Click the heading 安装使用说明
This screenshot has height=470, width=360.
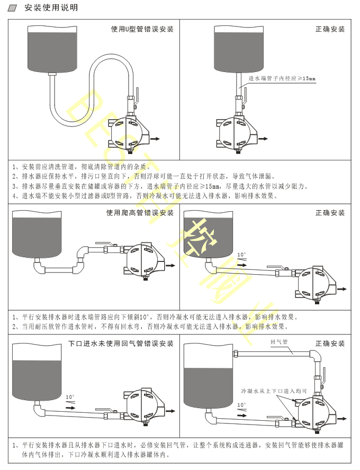[x=51, y=8]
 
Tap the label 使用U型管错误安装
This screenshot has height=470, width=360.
[x=142, y=29]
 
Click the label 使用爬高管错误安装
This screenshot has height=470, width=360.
[x=140, y=213]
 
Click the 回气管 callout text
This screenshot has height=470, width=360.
[x=278, y=342]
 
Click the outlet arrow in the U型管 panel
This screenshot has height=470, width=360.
[x=156, y=139]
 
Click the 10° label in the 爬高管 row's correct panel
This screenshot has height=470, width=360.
[x=241, y=255]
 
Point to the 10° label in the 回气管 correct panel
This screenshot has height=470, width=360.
[x=241, y=405]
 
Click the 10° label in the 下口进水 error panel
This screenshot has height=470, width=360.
[x=70, y=397]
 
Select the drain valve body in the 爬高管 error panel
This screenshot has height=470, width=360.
[x=143, y=259]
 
